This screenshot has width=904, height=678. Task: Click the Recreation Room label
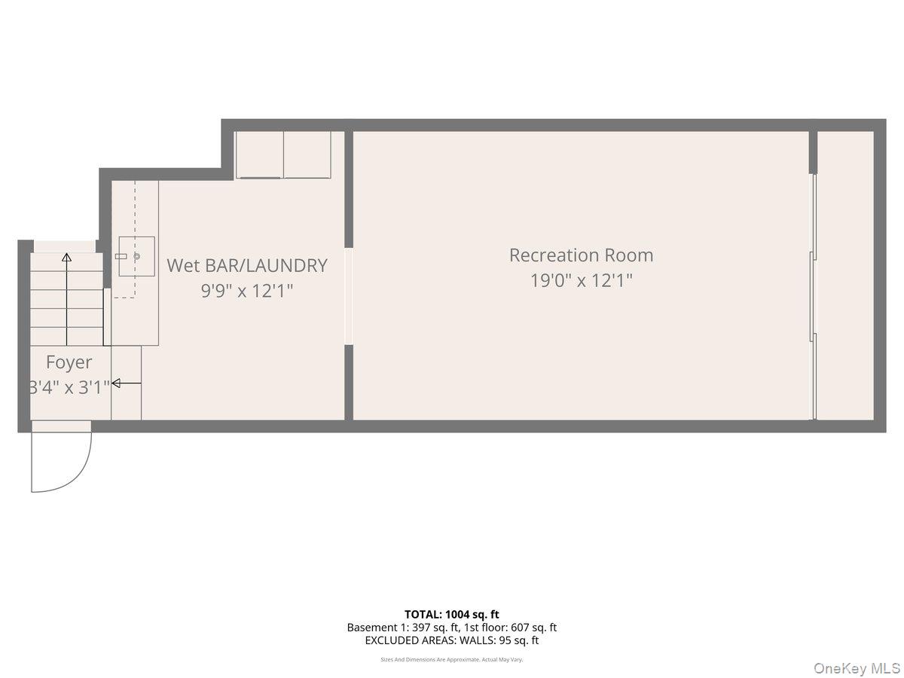pyautogui.click(x=581, y=255)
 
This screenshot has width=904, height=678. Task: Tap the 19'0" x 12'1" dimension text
pyautogui.click(x=581, y=281)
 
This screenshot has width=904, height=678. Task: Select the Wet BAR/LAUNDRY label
pyautogui.click(x=247, y=265)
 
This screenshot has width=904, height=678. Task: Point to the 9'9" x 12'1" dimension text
pyautogui.click(x=247, y=291)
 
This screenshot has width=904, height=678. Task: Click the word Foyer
pyautogui.click(x=69, y=362)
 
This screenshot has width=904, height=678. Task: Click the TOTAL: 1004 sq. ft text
pyautogui.click(x=452, y=614)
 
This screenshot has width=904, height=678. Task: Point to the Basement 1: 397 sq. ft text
pyautogui.click(x=397, y=628)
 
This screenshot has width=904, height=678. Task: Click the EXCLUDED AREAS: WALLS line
pyautogui.click(x=452, y=641)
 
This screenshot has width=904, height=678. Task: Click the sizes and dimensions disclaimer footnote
pyautogui.click(x=452, y=659)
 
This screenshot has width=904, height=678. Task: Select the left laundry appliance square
pyautogui.click(x=260, y=154)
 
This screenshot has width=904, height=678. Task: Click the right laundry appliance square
pyautogui.click(x=307, y=154)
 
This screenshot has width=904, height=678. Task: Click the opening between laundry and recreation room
pyautogui.click(x=349, y=296)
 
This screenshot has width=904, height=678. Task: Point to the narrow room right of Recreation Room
pyautogui.click(x=845, y=275)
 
